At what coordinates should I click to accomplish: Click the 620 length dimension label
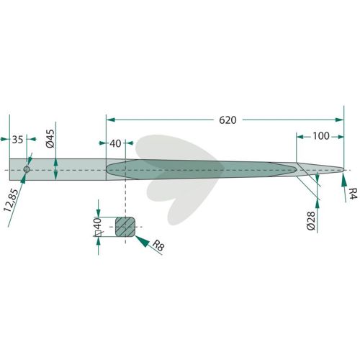point(228,120)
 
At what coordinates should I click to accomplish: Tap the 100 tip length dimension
point(320,136)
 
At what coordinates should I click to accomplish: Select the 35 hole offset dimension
point(17,140)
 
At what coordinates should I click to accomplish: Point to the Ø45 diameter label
point(51,139)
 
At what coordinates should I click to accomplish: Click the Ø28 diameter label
point(311,221)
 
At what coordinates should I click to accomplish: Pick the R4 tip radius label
point(353,194)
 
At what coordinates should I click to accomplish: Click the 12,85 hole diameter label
point(11,200)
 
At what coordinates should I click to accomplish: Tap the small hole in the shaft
point(27,169)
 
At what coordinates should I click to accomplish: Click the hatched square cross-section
point(125,227)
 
